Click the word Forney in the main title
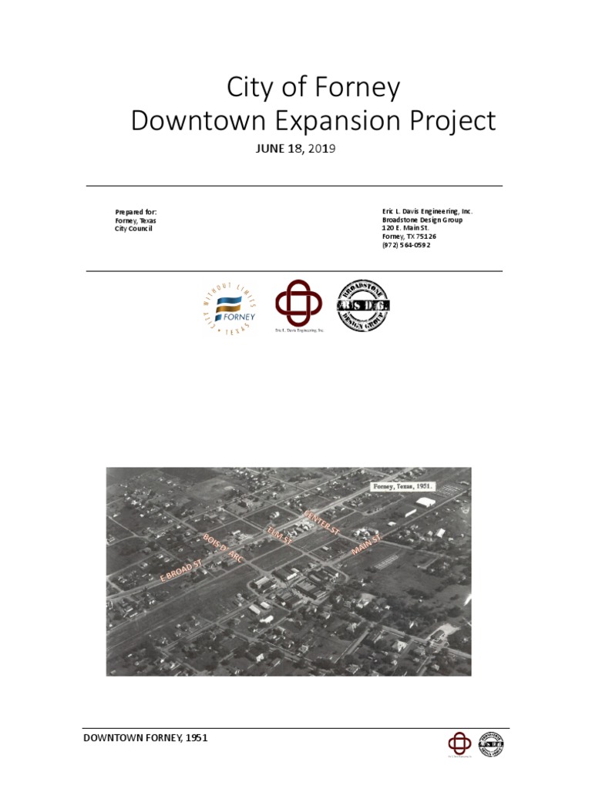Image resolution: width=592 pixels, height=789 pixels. coord(360,89)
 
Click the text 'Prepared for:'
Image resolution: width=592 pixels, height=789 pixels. coord(136,212)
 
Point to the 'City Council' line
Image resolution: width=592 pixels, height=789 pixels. coord(133,229)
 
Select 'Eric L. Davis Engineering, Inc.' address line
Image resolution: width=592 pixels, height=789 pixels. coord(427,211)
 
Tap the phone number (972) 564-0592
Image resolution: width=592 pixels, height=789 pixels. coord(406,245)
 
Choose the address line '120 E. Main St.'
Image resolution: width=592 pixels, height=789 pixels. coord(407,228)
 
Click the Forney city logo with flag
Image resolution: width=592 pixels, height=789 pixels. coord(230,308)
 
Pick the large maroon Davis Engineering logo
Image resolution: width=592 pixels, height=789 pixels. coord(299,304)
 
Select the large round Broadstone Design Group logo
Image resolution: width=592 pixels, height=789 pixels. coord(364,306)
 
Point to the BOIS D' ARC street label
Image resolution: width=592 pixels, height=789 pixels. coord(224,547)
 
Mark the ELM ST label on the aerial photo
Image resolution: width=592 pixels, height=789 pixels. coord(279,536)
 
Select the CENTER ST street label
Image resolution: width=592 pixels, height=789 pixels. coord(321,522)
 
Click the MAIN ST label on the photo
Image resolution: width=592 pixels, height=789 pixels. coord(366,543)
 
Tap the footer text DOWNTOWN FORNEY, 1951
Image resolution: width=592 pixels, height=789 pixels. coord(146,738)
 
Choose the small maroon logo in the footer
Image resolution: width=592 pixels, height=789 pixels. coord(459,744)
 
